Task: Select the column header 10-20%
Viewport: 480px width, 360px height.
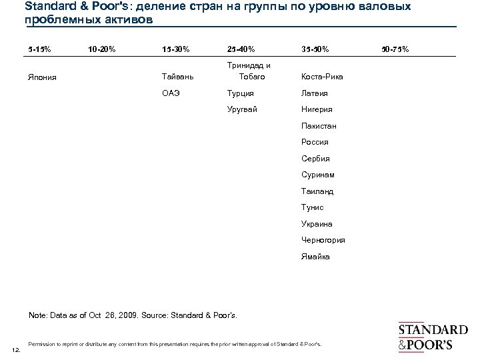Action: coord(101,49)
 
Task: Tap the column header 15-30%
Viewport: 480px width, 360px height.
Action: coord(175,49)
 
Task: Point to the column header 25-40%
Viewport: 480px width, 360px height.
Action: coord(240,49)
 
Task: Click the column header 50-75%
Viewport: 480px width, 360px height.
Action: coord(396,49)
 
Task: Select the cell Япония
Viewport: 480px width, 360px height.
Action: coord(43,77)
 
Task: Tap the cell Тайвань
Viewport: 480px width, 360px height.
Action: coord(177,77)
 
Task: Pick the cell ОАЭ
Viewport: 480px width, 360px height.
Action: coord(171,93)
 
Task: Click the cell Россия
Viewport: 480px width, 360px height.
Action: coord(315,142)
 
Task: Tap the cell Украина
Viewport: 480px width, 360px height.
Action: coord(317,224)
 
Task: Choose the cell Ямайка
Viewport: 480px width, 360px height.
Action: coord(315,256)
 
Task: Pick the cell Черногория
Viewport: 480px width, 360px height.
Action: coord(323,240)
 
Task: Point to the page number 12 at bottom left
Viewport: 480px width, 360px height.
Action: coord(16,350)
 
